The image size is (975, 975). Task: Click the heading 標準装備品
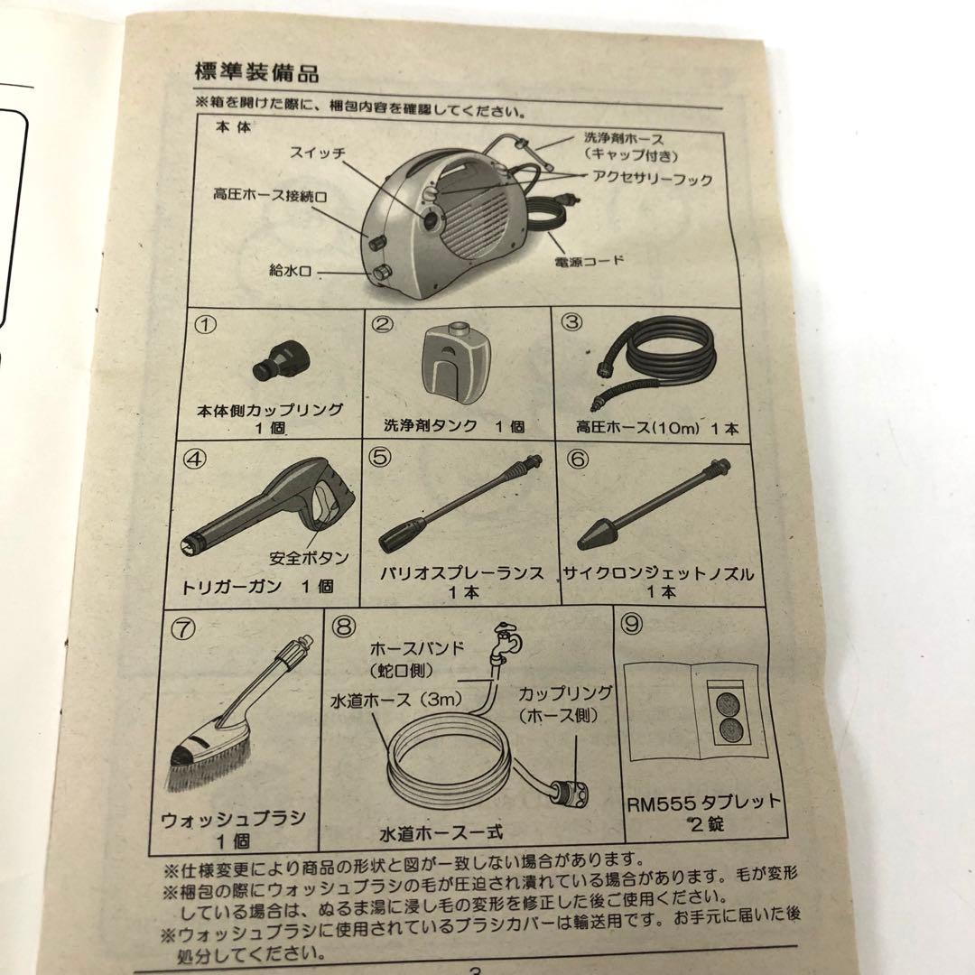click(x=256, y=71)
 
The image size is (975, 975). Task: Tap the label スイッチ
click(x=317, y=153)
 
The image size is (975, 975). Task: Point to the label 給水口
click(x=290, y=271)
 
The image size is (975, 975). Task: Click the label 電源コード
click(x=590, y=261)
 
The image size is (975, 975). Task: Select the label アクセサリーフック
click(x=653, y=180)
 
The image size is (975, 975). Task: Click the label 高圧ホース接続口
click(x=271, y=196)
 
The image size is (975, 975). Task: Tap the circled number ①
click(x=206, y=324)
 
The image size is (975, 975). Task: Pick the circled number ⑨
click(x=632, y=623)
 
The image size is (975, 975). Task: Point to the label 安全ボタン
click(x=309, y=558)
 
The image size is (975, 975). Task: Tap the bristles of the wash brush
click(x=209, y=771)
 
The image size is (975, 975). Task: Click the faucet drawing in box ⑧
click(x=506, y=643)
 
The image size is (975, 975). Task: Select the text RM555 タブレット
click(x=702, y=803)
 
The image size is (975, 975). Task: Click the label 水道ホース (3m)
click(x=396, y=701)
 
